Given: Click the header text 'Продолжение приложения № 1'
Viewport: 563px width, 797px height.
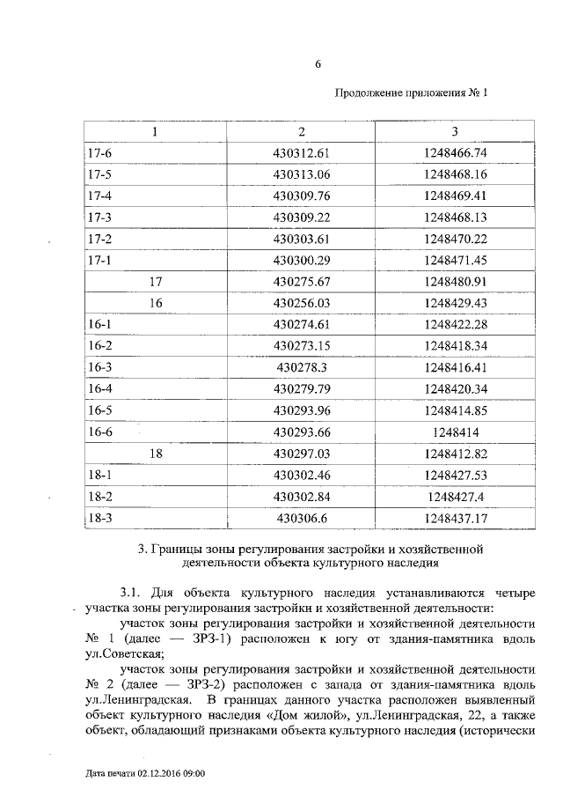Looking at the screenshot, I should [411, 92].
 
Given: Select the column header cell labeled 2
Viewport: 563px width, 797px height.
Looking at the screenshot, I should [301, 132].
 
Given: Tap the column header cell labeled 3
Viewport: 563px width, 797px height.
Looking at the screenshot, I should [455, 132].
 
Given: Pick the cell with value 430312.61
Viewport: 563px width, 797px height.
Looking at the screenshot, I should [301, 153].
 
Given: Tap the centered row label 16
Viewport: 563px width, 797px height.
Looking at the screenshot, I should [157, 303].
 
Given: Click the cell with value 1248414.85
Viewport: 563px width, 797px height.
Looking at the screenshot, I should [455, 410].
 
